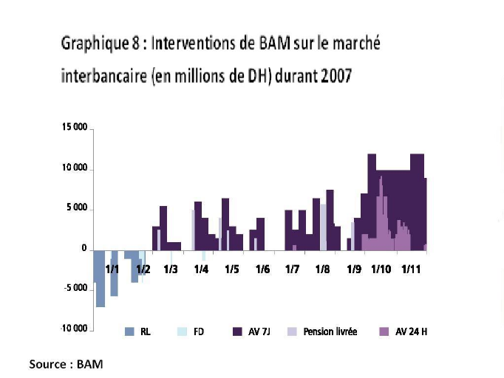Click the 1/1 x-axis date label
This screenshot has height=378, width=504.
point(112,269)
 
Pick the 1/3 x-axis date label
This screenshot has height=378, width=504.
point(171,269)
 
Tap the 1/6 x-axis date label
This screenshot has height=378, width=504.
point(262,269)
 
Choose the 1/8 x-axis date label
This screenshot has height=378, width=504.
point(322,269)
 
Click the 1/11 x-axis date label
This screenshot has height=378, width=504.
point(410,269)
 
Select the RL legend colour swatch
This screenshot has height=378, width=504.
point(129,332)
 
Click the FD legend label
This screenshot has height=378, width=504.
point(199,332)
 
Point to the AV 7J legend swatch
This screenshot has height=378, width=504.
point(238,332)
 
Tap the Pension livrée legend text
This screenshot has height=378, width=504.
point(330,332)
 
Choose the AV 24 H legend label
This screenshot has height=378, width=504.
point(412,332)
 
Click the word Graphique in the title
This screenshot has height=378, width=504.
point(95,44)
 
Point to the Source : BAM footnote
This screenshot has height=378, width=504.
point(66,365)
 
